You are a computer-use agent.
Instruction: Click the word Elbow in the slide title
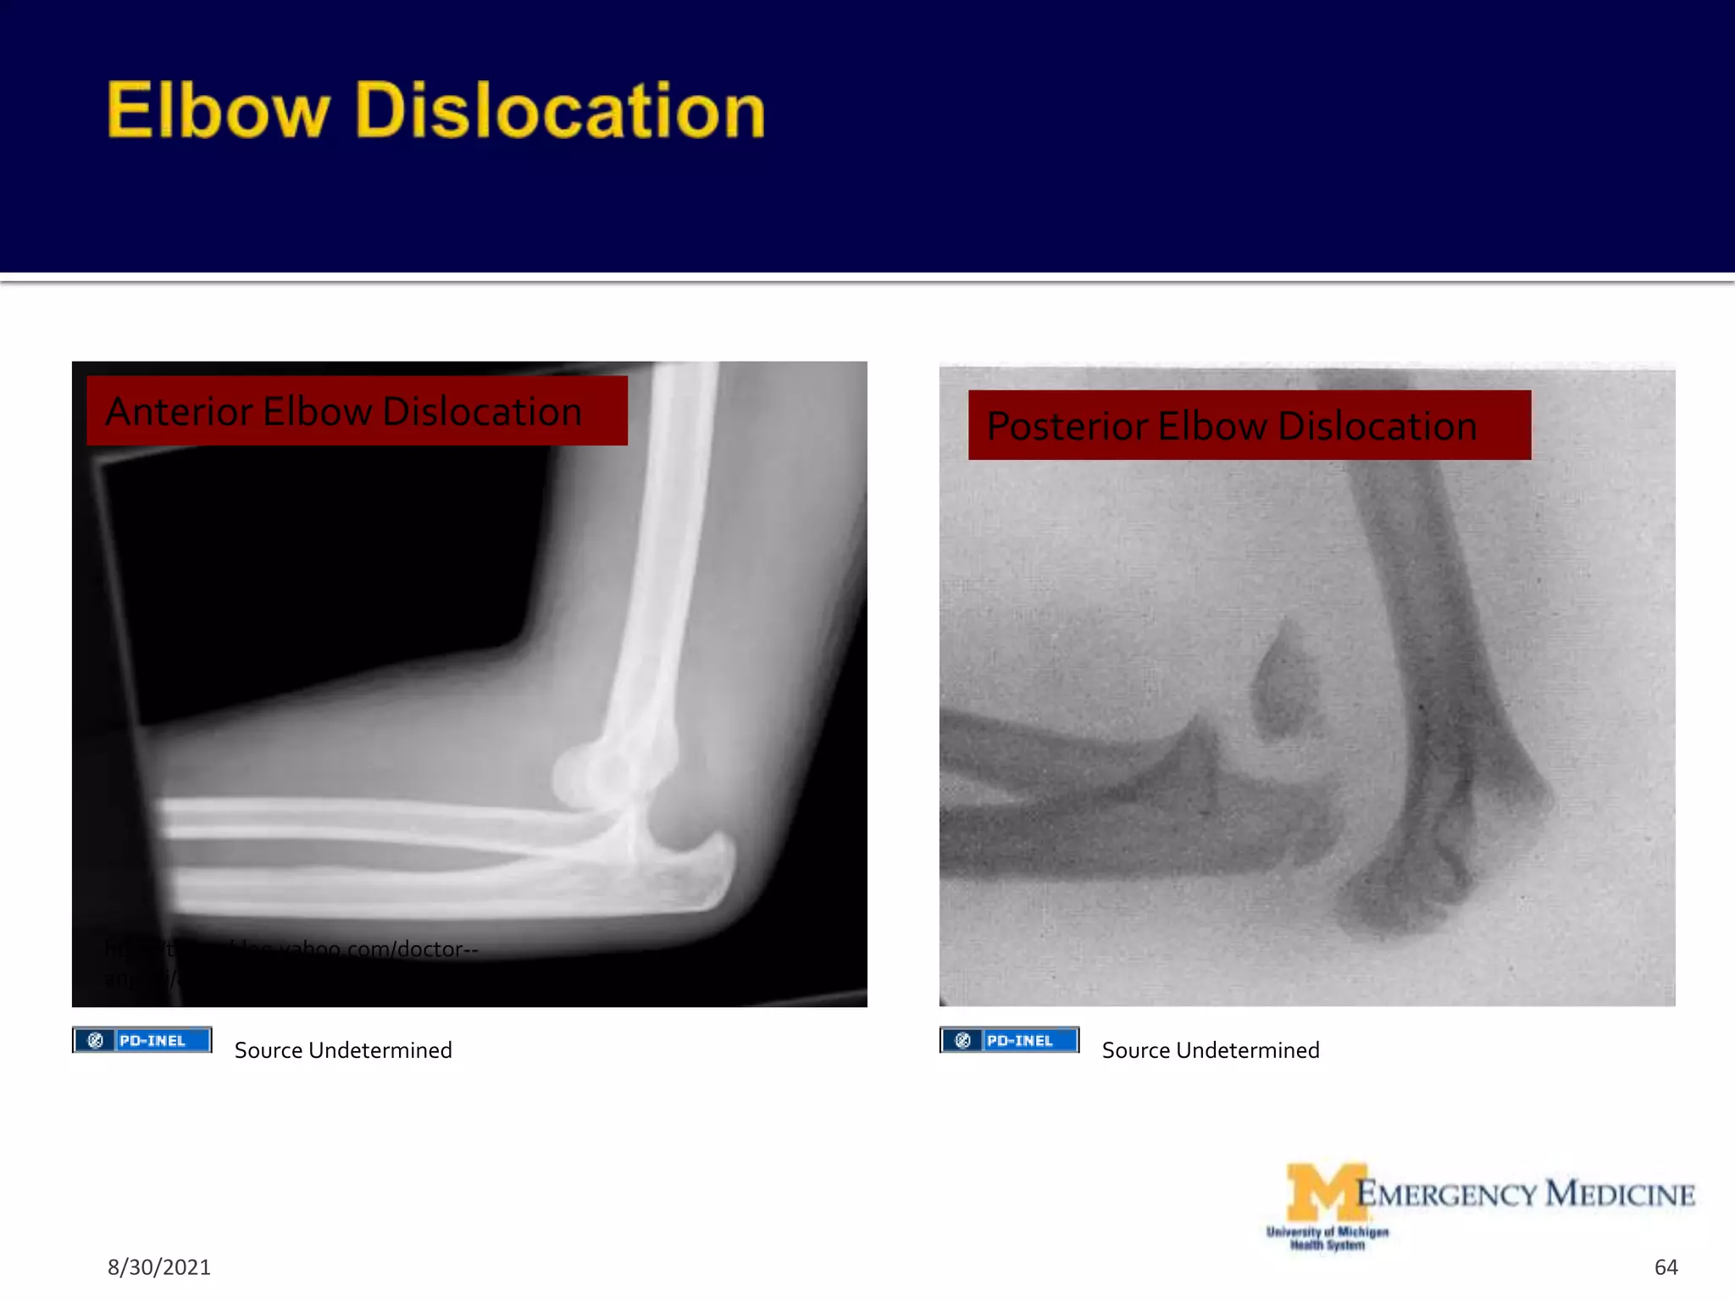(x=217, y=110)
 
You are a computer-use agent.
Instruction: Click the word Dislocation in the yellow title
(x=560, y=110)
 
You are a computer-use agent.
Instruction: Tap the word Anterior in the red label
(x=179, y=412)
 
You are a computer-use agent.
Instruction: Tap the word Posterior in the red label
(x=1067, y=426)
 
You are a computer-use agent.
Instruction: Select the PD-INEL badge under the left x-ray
(x=141, y=1040)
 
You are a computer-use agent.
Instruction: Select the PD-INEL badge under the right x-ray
(x=1009, y=1040)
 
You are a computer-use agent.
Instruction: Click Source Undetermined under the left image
(x=343, y=1050)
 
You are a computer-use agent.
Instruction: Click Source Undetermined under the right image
(x=1211, y=1050)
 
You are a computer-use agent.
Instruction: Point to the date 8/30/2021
(x=158, y=1267)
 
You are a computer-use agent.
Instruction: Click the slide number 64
(x=1666, y=1267)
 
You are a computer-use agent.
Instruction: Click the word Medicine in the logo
(x=1620, y=1194)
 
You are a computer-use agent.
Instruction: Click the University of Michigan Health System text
(x=1328, y=1238)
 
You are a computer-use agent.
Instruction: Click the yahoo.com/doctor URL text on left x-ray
(x=356, y=949)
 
